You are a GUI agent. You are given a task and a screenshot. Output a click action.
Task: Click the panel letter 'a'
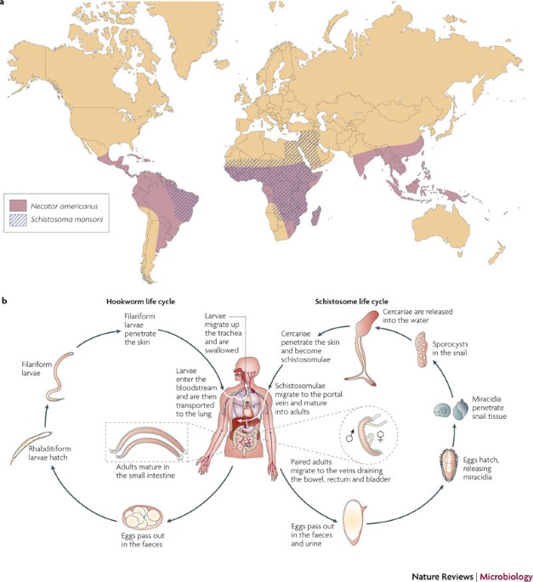pyautogui.click(x=4, y=5)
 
